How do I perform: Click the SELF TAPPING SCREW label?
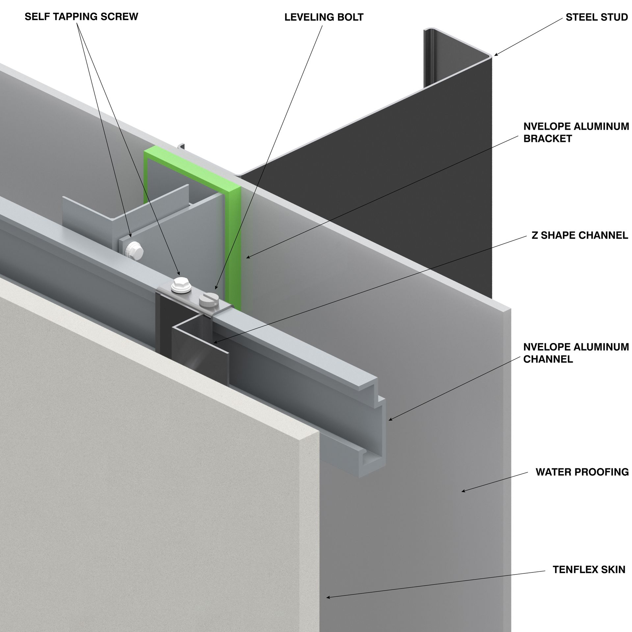tap(81, 17)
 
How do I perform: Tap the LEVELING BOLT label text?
tap(324, 17)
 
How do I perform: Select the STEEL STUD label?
tap(597, 17)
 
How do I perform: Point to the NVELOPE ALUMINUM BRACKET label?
tap(576, 132)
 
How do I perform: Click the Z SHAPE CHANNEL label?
tap(580, 235)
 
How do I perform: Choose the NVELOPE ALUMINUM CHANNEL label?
tap(576, 353)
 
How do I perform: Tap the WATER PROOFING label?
tap(582, 472)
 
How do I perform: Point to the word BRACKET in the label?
tap(547, 138)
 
